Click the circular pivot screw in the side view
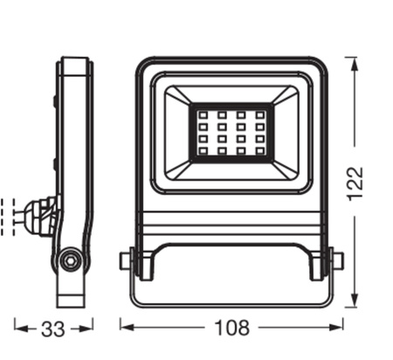(71, 260)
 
